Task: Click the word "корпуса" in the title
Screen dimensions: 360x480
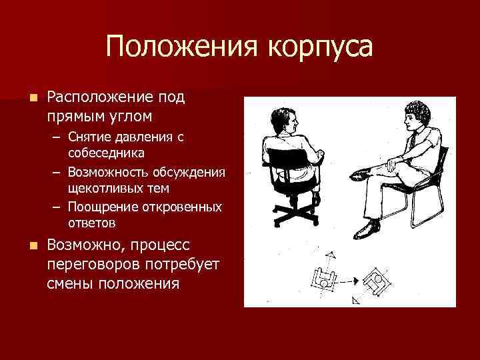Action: tap(320, 48)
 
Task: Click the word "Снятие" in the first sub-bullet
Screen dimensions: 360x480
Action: tap(88, 137)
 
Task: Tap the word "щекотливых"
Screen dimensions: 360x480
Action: tap(107, 188)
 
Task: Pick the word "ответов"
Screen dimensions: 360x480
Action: tap(92, 223)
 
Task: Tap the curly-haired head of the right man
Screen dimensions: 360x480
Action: tap(418, 117)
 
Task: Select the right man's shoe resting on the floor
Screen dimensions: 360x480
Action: tap(368, 230)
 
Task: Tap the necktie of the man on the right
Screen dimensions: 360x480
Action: tap(413, 141)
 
